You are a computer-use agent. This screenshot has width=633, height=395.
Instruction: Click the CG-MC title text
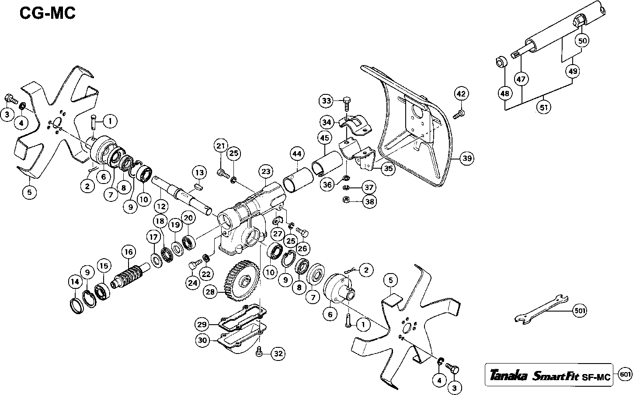point(48,13)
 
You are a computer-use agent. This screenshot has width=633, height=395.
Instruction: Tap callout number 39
point(467,159)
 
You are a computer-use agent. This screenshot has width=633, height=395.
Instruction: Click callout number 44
point(297,154)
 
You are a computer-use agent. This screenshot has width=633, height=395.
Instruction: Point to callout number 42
point(461,94)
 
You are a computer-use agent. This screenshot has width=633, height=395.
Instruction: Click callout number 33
point(327,101)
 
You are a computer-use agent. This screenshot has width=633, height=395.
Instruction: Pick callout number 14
point(75,282)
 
